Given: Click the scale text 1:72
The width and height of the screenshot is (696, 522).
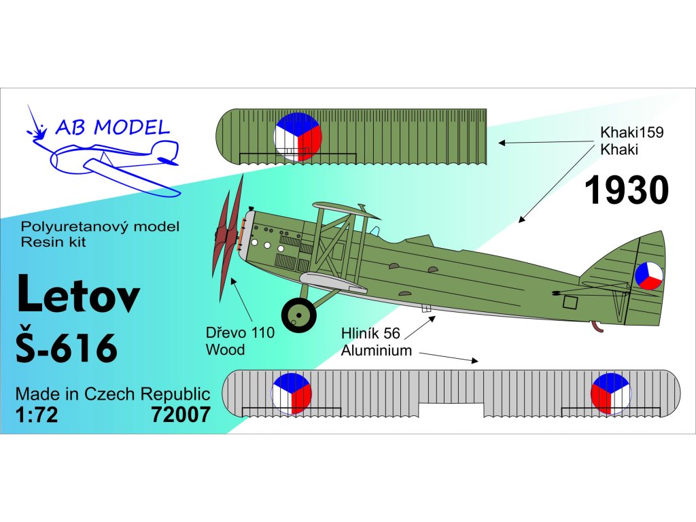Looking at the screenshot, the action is click(x=37, y=415).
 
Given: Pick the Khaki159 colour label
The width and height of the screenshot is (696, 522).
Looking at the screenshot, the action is click(x=631, y=133).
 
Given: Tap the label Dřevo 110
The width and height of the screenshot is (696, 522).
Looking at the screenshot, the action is click(x=240, y=333).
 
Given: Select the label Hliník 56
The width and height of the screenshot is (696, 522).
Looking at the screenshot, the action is click(x=370, y=333).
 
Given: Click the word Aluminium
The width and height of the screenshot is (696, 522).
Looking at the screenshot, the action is click(x=377, y=351).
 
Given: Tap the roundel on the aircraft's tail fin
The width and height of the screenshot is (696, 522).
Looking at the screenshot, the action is click(x=648, y=275).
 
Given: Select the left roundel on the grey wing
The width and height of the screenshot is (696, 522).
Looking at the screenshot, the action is click(x=292, y=394).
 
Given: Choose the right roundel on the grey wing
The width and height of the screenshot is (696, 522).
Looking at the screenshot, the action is click(x=611, y=394).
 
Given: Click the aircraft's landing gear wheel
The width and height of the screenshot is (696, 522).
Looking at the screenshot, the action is click(x=298, y=315).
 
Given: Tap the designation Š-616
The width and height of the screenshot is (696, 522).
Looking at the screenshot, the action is click(x=65, y=346).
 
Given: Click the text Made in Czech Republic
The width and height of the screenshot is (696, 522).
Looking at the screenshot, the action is click(x=112, y=394).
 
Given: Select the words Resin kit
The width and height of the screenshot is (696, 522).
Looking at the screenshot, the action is click(x=54, y=243).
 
